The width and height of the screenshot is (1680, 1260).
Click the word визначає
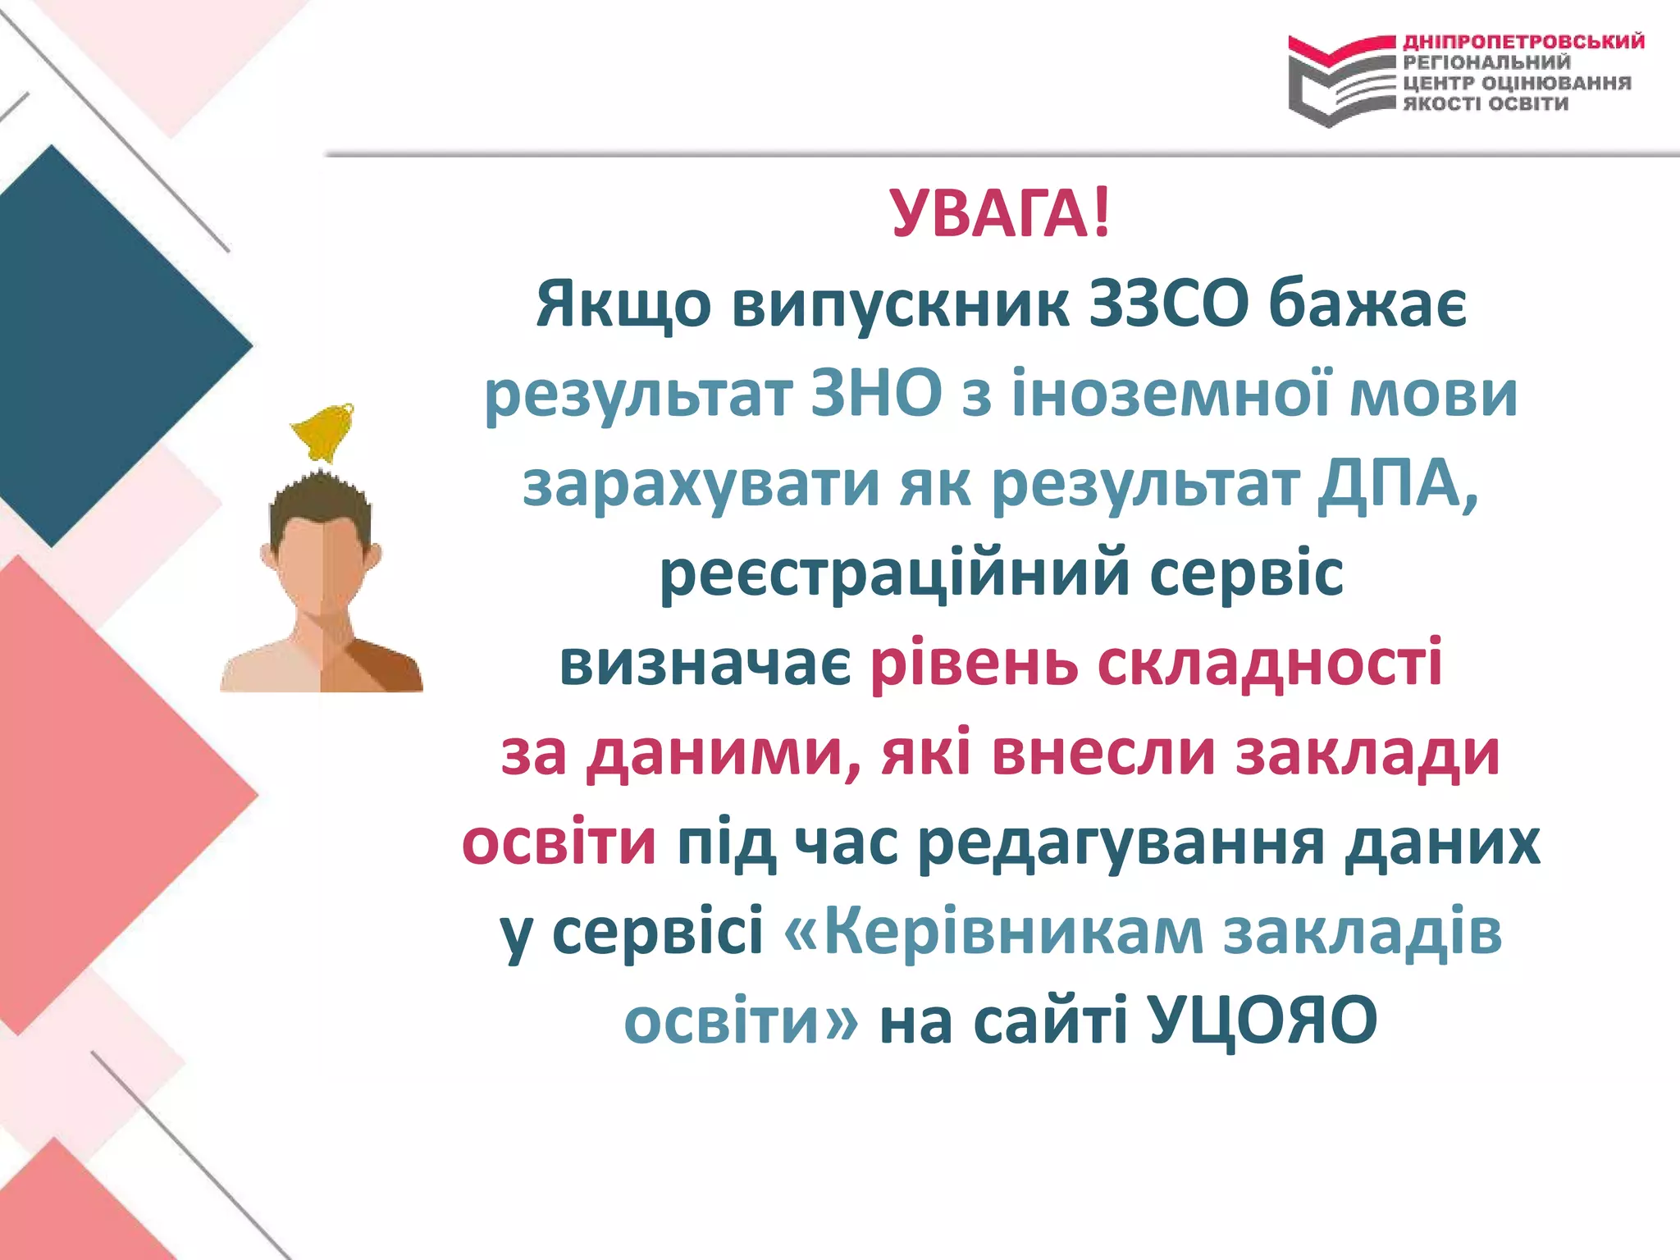[705, 664]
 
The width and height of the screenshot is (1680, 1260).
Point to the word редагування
[1121, 845]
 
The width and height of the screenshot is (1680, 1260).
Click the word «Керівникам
[993, 934]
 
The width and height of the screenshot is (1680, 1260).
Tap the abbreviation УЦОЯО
[1262, 1022]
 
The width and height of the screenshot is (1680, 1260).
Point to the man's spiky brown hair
[321, 500]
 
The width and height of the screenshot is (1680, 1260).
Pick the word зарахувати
[701, 486]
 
